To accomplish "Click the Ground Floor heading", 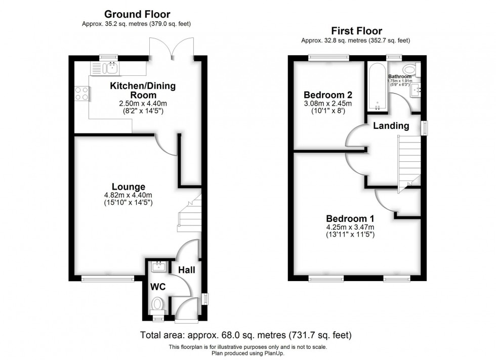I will [137, 14].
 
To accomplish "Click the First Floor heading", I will [356, 31].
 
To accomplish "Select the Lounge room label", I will [129, 187].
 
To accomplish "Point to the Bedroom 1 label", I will [350, 218].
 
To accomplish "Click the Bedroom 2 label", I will [327, 95].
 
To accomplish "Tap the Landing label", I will [391, 126].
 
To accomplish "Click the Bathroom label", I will [400, 76].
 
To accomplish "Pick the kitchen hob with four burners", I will [82, 93].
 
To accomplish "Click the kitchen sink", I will [109, 68].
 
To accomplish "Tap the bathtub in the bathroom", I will [378, 89].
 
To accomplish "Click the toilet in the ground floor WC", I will [158, 304].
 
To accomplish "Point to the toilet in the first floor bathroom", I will [409, 69].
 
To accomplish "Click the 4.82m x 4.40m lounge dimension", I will [129, 195].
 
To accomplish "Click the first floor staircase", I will [409, 164].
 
